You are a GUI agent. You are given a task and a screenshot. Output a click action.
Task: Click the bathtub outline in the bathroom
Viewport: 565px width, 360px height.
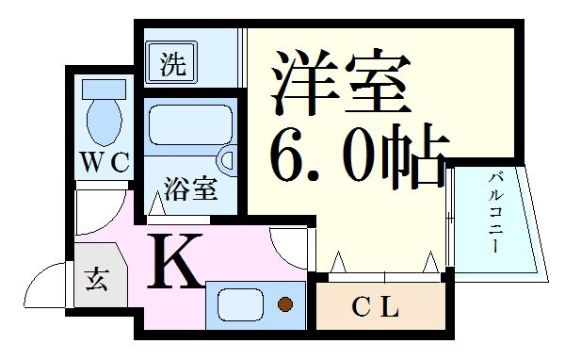(189, 125)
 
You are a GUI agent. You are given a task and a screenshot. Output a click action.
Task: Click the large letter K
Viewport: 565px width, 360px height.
(175, 262)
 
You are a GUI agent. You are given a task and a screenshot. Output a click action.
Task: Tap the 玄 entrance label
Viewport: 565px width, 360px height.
(98, 279)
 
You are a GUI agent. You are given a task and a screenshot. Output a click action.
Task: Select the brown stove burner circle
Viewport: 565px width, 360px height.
(284, 304)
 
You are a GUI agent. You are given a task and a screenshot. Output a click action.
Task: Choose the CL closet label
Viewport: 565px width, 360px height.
(378, 306)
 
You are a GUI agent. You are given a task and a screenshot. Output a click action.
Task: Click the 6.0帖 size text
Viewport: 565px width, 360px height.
(357, 155)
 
